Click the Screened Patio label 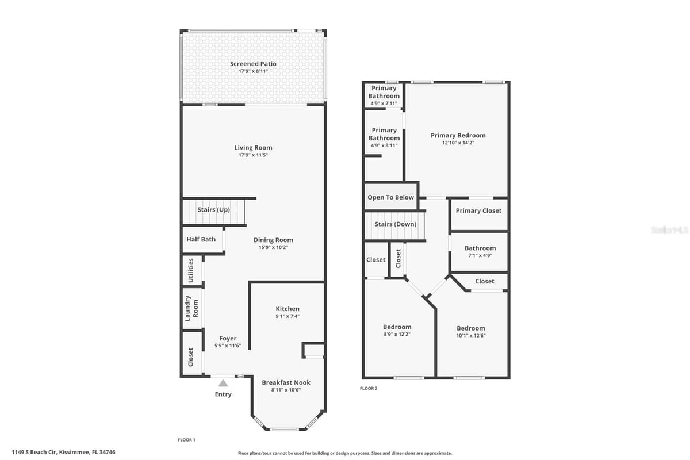pos(253,64)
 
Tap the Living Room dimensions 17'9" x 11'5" pos(253,155)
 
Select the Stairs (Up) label pos(213,209)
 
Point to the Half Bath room pos(202,240)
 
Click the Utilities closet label pos(191,270)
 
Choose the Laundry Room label pos(191,308)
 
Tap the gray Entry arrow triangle pos(223,384)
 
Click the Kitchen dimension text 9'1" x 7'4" pos(287,316)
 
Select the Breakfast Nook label pos(286,382)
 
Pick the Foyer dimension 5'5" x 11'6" pos(228,346)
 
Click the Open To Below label pos(390,197)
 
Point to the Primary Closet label pos(478,211)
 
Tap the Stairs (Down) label pos(395,224)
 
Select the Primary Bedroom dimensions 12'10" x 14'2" pos(458,143)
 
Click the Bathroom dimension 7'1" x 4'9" pos(480,255)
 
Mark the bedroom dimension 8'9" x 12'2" pos(397,334)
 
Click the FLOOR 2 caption pos(369,388)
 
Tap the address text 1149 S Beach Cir pos(34,452)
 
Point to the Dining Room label pos(273,240)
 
